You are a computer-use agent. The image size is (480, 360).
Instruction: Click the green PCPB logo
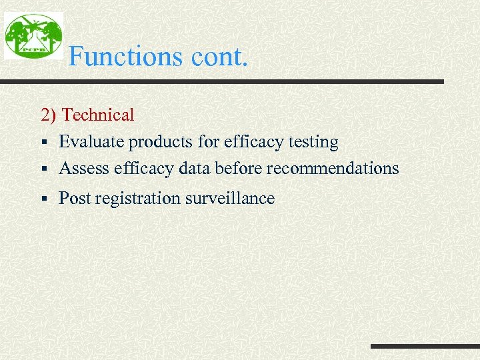[33, 35]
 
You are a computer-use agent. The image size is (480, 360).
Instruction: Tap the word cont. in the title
[219, 57]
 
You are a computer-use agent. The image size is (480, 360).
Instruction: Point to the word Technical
[98, 115]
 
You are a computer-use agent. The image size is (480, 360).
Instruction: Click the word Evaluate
[91, 142]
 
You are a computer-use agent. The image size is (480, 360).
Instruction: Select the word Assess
[84, 169]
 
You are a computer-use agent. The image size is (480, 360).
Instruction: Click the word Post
[73, 199]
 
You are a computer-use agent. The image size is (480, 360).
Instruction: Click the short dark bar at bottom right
[425, 346]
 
